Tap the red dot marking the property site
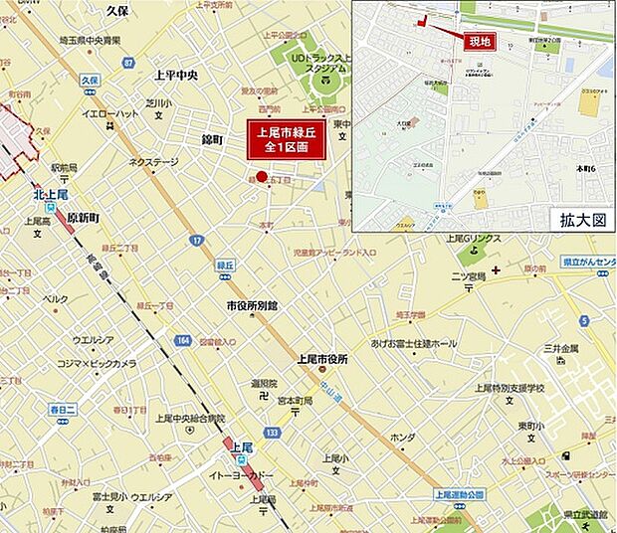[262, 177]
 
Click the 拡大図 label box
[580, 219]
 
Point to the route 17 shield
[196, 242]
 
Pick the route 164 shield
[182, 340]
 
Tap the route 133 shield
[272, 433]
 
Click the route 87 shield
[127, 63]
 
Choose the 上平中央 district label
[176, 76]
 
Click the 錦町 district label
[215, 139]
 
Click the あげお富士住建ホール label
[414, 343]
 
